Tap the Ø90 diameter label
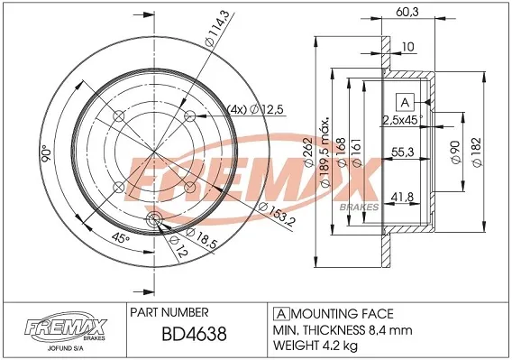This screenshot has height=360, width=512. point(454,152)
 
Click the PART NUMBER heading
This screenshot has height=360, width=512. point(170,313)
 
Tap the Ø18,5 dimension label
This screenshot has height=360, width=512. point(190,243)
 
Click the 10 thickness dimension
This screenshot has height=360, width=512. point(408,46)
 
